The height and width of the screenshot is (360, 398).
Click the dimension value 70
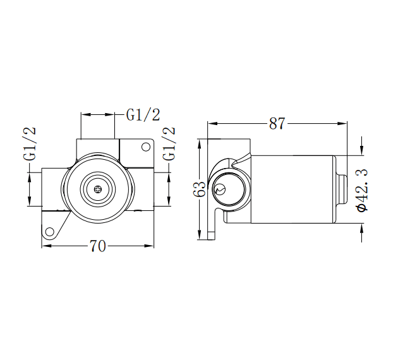click(97, 247)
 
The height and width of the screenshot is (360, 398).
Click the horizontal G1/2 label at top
click(143, 115)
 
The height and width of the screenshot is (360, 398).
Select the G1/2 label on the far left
click(30, 145)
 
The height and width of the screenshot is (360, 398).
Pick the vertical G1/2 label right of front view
click(169, 145)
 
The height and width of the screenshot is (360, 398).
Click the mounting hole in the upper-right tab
click(145, 148)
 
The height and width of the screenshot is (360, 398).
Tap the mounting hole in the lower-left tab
click(48, 232)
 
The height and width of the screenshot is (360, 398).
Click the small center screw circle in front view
click(97, 188)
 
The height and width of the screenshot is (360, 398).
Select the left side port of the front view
click(53, 188)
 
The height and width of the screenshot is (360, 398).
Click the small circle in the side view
click(220, 189)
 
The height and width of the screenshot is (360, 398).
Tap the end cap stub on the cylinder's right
click(342, 189)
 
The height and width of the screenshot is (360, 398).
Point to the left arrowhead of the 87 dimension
click(212, 123)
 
